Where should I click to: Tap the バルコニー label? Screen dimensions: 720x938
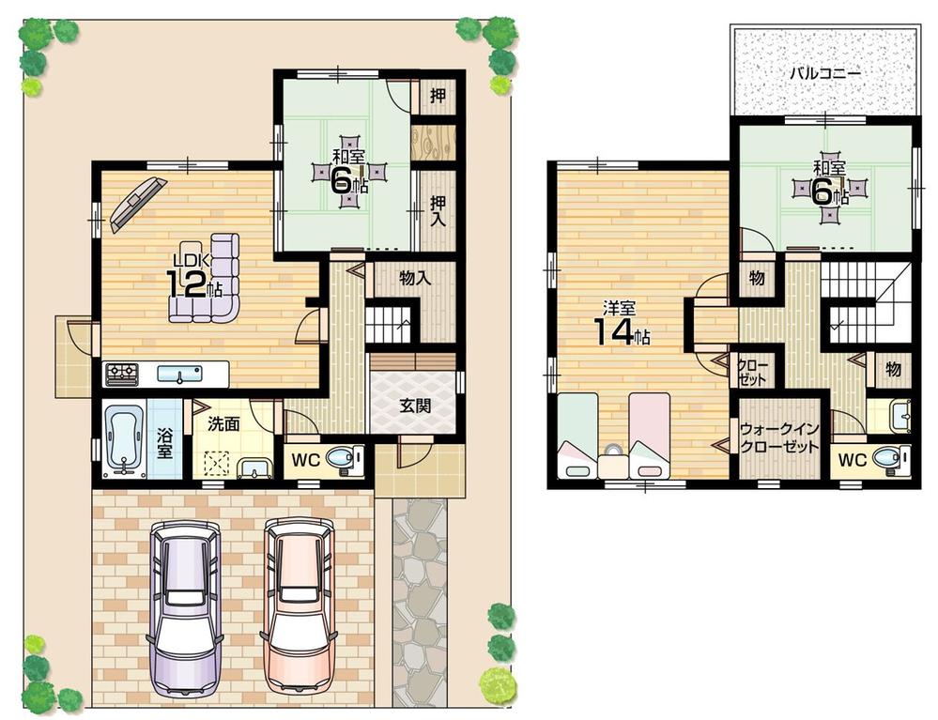coord(824,71)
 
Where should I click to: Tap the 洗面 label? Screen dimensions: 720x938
coord(224,424)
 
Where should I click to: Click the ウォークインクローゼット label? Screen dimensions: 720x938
coord(779,437)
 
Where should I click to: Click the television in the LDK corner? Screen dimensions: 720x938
coord(137,203)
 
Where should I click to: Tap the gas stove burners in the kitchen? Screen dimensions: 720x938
coord(121,374)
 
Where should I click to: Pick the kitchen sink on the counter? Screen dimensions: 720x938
coord(181,375)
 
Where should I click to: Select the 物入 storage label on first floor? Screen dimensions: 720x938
coord(414,279)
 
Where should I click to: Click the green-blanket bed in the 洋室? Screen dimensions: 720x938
coord(577,437)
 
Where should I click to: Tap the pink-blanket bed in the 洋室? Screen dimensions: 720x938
coord(649,437)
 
